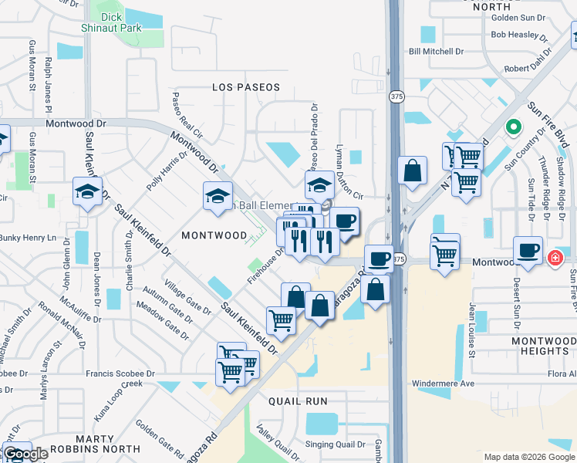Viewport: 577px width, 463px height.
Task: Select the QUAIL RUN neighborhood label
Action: [297, 401]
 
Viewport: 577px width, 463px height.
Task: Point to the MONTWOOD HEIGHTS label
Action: [544, 346]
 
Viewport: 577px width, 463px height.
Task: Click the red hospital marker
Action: [555, 259]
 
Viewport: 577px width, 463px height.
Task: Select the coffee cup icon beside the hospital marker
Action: [528, 251]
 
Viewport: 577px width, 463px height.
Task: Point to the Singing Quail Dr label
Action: [335, 444]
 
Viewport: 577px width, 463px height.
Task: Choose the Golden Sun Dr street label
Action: [518, 15]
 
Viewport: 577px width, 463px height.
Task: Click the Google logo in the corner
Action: [25, 454]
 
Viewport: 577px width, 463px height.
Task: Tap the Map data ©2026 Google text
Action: [529, 457]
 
